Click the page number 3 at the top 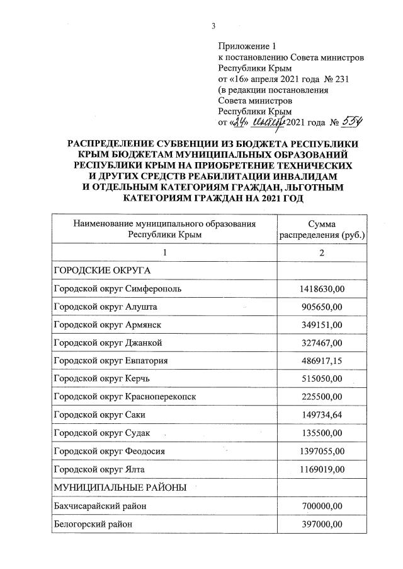coord(213,26)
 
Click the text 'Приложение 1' coord(247,46)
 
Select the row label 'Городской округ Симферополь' coord(118,289)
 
